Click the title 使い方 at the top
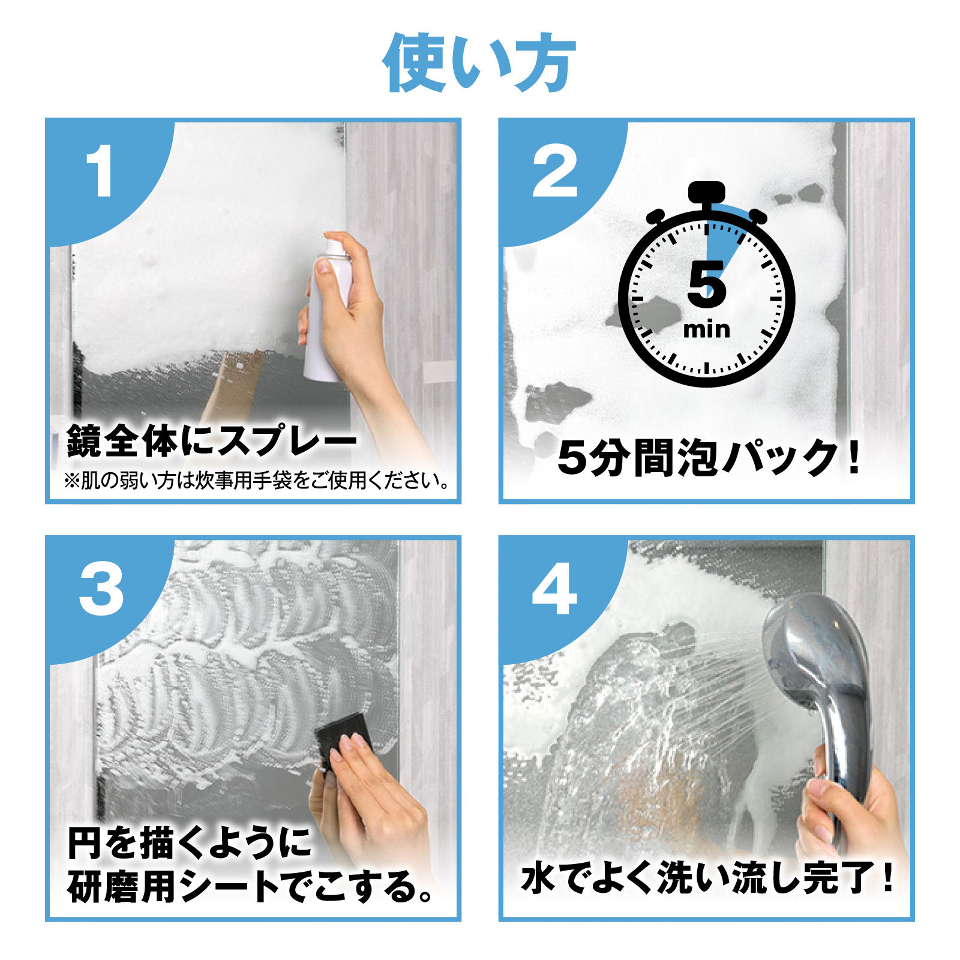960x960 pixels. [x=479, y=63]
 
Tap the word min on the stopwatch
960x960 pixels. [x=707, y=330]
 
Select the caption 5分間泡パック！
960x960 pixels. [x=708, y=459]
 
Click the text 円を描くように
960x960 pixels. [x=189, y=843]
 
